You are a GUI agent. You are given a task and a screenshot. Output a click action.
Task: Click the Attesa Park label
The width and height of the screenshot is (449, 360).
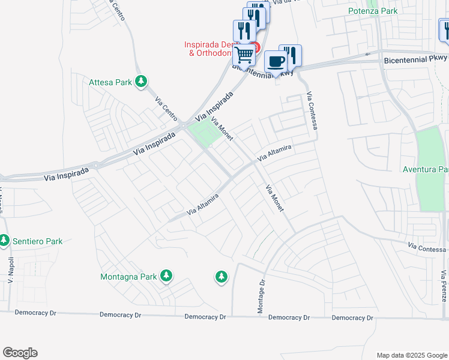(110, 82)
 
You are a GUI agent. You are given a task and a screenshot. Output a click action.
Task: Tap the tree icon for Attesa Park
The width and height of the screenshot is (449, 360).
(141, 81)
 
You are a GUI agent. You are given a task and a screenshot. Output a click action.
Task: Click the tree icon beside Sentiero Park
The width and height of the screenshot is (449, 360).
(4, 241)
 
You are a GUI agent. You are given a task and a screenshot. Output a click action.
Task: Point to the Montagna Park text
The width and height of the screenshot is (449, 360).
(128, 277)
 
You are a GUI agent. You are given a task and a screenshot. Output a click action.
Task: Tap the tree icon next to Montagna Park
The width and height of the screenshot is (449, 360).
(166, 276)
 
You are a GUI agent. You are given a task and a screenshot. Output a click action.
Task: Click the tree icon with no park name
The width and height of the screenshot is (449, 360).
(221, 277)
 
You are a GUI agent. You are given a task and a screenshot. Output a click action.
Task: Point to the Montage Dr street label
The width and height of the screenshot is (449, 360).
(262, 296)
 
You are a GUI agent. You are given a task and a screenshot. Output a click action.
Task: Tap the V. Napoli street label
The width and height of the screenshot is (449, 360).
(10, 273)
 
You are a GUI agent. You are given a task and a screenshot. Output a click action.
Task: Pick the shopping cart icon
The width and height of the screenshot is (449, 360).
(244, 54)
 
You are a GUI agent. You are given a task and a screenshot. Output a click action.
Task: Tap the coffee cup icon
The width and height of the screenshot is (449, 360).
(276, 61)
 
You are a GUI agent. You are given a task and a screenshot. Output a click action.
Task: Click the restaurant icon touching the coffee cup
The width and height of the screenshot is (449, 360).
(291, 55)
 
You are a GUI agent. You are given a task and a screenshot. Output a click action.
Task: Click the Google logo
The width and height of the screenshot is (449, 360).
(20, 353)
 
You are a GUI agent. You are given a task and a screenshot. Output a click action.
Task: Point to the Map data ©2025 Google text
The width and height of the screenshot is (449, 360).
(411, 355)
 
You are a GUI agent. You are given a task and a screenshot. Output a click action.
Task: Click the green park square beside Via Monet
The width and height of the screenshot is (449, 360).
(202, 132)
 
